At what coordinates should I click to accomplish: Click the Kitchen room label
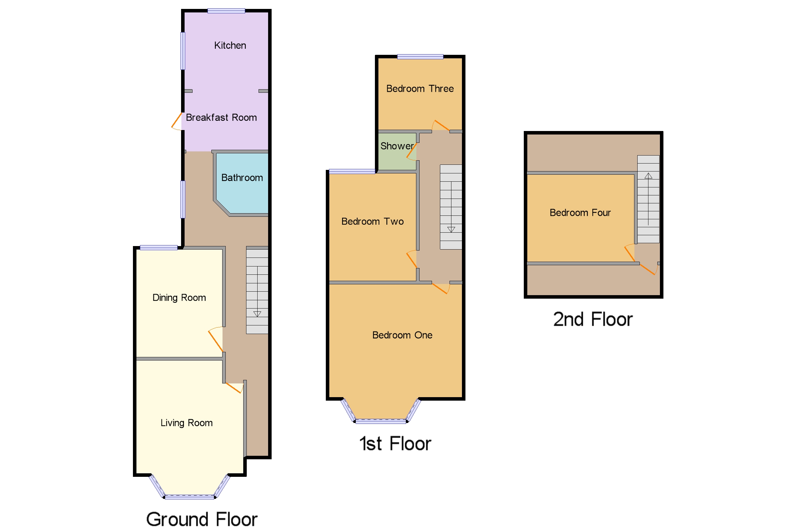[230, 45]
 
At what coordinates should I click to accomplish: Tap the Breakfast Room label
[221, 118]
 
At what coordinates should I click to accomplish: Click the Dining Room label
[179, 298]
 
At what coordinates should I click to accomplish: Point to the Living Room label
[186, 423]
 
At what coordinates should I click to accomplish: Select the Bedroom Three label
[420, 89]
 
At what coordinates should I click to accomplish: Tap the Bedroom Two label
[373, 222]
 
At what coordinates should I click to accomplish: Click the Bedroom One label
[402, 335]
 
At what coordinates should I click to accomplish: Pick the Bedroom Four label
[580, 213]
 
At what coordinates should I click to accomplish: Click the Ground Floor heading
[202, 519]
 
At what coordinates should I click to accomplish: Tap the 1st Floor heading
[395, 444]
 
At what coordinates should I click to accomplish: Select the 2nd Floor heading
[593, 319]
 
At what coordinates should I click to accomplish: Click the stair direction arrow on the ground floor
[257, 314]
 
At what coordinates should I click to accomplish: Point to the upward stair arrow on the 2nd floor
[648, 176]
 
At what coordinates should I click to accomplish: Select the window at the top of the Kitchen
[226, 11]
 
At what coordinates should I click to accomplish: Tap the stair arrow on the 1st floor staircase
[451, 229]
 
